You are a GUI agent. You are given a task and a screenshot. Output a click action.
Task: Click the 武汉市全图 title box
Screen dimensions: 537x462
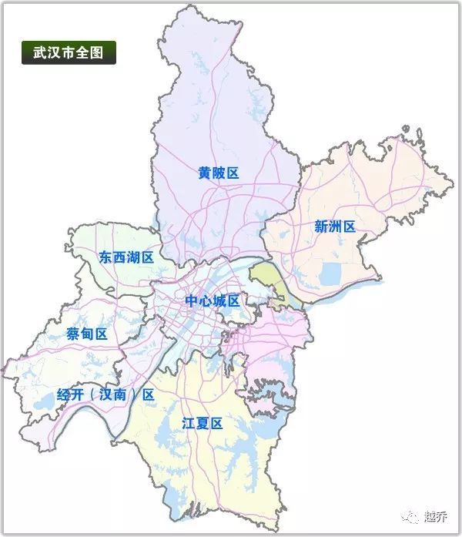coord(69,53)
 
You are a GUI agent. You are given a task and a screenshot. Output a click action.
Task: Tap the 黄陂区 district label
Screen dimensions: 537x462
coord(219,173)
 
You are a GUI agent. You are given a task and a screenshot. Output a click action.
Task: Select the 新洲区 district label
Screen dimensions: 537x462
coord(335,227)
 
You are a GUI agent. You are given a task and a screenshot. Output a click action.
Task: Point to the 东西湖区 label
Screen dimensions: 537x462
coord(127,257)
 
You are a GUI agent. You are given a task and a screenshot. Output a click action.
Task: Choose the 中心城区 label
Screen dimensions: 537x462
coord(213,300)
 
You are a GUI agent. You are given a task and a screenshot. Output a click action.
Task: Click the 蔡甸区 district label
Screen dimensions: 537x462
coord(86,334)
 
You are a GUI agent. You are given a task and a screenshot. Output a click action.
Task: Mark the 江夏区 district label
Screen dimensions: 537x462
coord(202,423)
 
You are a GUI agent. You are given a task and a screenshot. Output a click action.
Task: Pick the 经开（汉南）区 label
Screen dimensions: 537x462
coord(106,394)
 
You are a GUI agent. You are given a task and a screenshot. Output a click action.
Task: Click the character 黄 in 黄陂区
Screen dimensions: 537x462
coord(205,173)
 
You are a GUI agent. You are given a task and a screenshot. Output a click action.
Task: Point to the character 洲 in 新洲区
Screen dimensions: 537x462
coord(335,227)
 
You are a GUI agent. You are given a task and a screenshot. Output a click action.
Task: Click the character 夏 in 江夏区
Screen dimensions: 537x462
coord(202,423)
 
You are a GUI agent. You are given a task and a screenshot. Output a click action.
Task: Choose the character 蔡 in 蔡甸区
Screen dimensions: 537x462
coord(73,334)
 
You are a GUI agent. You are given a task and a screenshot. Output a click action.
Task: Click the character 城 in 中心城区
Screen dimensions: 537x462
coord(220,300)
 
